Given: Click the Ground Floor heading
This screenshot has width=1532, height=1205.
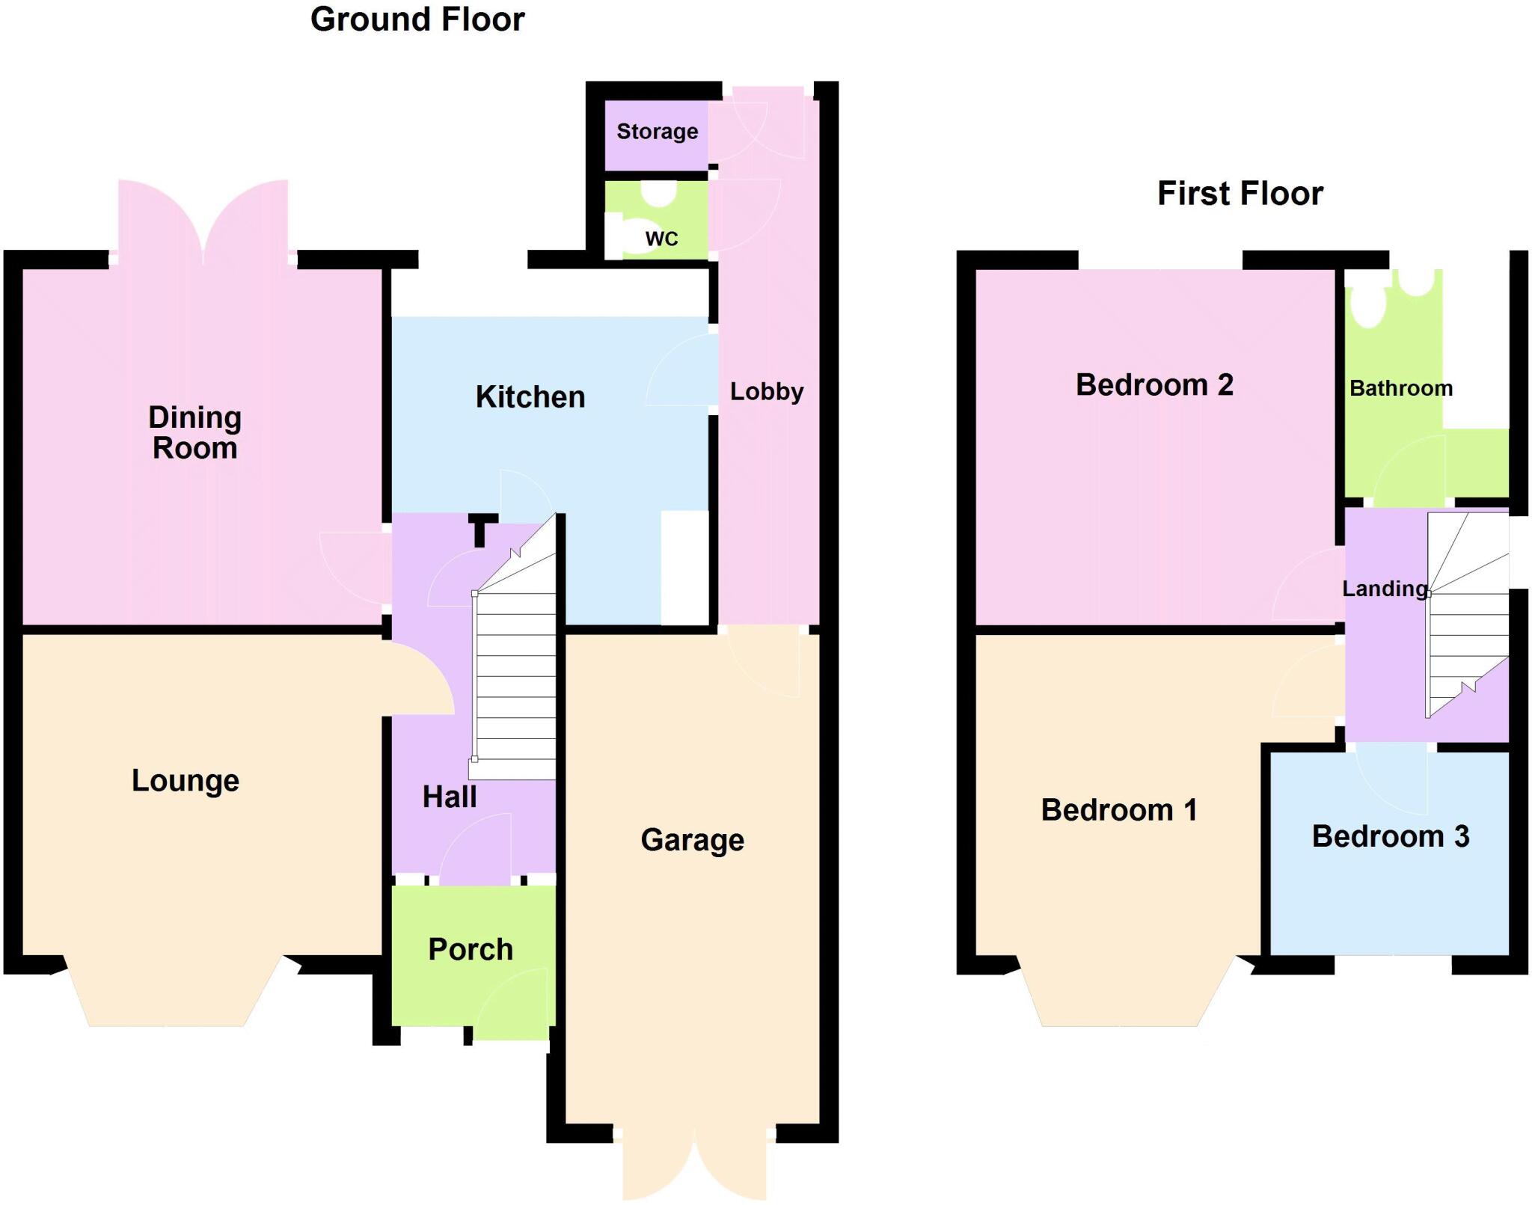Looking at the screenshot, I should pyautogui.click(x=417, y=19).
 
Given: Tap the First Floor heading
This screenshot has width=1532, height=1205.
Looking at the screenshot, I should pyautogui.click(x=1240, y=194).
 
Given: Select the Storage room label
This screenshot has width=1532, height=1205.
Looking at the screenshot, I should pyautogui.click(x=657, y=132).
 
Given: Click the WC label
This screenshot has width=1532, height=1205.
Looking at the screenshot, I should pyautogui.click(x=661, y=239).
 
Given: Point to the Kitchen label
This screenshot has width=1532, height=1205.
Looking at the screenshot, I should pyautogui.click(x=530, y=397).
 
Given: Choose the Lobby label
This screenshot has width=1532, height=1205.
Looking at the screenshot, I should pyautogui.click(x=767, y=391).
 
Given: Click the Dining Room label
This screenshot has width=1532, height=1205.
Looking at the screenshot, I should pyautogui.click(x=194, y=433).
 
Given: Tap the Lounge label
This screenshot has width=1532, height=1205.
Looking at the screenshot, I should pyautogui.click(x=186, y=781).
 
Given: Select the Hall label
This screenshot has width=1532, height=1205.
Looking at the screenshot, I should pyautogui.click(x=449, y=797).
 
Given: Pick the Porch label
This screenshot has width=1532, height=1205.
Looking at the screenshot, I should pyautogui.click(x=471, y=950).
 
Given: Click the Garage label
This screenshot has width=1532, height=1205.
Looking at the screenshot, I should pyautogui.click(x=692, y=840).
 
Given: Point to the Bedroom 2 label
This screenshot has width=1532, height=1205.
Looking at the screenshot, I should pyautogui.click(x=1154, y=385).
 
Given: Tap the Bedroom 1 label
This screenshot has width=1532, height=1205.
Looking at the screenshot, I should pyautogui.click(x=1119, y=810).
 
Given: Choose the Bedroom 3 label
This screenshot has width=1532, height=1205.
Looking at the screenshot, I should pyautogui.click(x=1391, y=836).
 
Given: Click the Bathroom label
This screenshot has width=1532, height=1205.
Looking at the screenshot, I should pyautogui.click(x=1401, y=388).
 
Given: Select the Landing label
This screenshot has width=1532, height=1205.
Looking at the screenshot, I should pyautogui.click(x=1385, y=589).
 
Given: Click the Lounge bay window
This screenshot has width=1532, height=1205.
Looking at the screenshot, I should pyautogui.click(x=166, y=995).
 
